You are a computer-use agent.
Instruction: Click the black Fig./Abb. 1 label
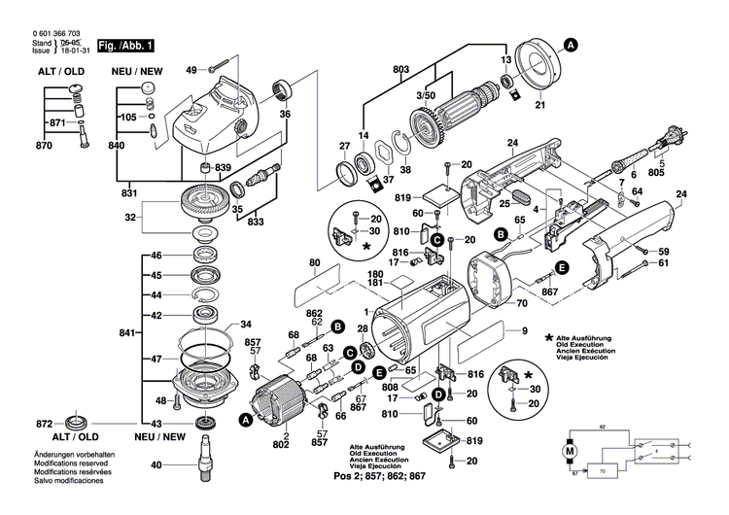[125, 46]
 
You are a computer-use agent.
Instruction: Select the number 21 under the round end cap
[541, 105]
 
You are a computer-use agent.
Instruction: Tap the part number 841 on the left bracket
[125, 333]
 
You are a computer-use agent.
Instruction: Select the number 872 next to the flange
[44, 426]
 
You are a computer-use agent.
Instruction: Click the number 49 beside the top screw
[191, 70]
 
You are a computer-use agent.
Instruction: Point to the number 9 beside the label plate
[524, 333]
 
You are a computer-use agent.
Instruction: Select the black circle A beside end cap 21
[572, 44]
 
